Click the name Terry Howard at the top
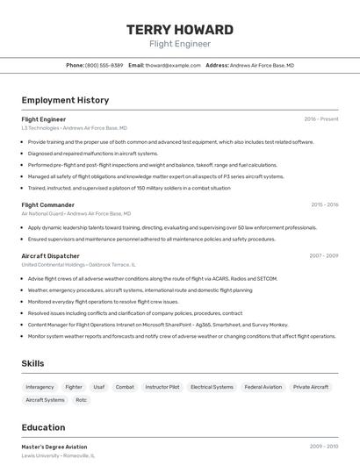click(x=179, y=30)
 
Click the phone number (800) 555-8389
click(x=104, y=65)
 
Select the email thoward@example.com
click(x=173, y=65)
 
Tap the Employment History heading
click(x=65, y=100)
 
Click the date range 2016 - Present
click(x=321, y=118)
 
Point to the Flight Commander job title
click(x=47, y=204)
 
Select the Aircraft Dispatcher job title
click(x=50, y=255)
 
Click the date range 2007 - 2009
click(x=323, y=255)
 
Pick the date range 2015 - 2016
click(x=324, y=204)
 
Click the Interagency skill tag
click(x=40, y=387)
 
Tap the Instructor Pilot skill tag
click(x=162, y=387)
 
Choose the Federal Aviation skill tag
click(x=263, y=387)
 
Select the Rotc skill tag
click(x=82, y=400)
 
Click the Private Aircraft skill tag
click(x=311, y=387)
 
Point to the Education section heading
click(x=43, y=427)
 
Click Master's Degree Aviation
click(x=54, y=447)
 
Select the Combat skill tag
click(x=125, y=387)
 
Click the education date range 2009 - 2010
click(x=323, y=447)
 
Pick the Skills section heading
click(x=33, y=363)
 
